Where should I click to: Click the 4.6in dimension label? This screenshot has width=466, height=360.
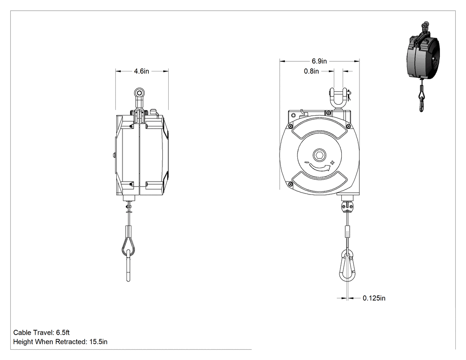coord(142,71)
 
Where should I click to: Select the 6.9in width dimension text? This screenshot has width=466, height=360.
coord(319,61)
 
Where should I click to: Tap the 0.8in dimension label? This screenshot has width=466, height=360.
coord(311,71)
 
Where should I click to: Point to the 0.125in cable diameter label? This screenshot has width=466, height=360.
coord(374,298)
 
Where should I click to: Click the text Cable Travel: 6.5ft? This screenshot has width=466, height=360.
coord(41,332)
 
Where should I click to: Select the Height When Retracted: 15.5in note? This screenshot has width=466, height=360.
coord(60,342)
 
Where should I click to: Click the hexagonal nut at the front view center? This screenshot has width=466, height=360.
coord(320,155)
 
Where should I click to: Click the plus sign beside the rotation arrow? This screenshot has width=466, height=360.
coord(332,162)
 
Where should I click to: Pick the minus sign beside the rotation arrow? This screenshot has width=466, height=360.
coord(306,162)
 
